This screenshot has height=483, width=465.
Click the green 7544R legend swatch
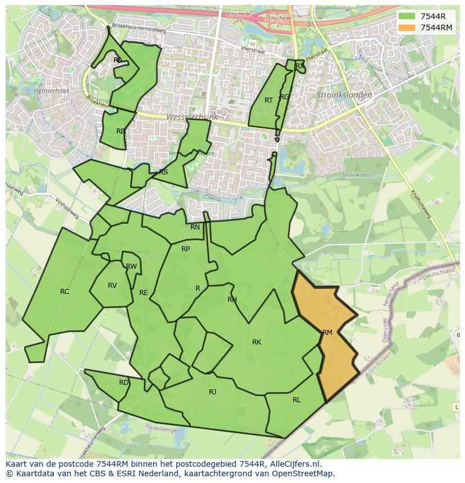(407, 16)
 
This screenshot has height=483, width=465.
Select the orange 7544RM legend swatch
(407, 27)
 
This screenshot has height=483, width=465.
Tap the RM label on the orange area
(327, 332)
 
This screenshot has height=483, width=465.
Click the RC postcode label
(65, 291)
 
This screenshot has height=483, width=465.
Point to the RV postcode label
(112, 286)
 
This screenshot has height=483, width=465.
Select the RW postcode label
(131, 266)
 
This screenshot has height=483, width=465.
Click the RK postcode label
(257, 342)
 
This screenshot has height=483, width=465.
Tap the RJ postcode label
(212, 392)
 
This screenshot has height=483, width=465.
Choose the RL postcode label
(297, 400)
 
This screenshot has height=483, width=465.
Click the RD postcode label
(124, 383)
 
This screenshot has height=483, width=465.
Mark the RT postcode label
(268, 100)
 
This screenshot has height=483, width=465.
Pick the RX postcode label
(300, 66)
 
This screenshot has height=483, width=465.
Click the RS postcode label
(163, 172)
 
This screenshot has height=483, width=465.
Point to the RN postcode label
(195, 227)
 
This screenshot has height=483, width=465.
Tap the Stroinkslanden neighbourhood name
(344, 95)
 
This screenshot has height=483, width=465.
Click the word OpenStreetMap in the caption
(307, 473)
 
